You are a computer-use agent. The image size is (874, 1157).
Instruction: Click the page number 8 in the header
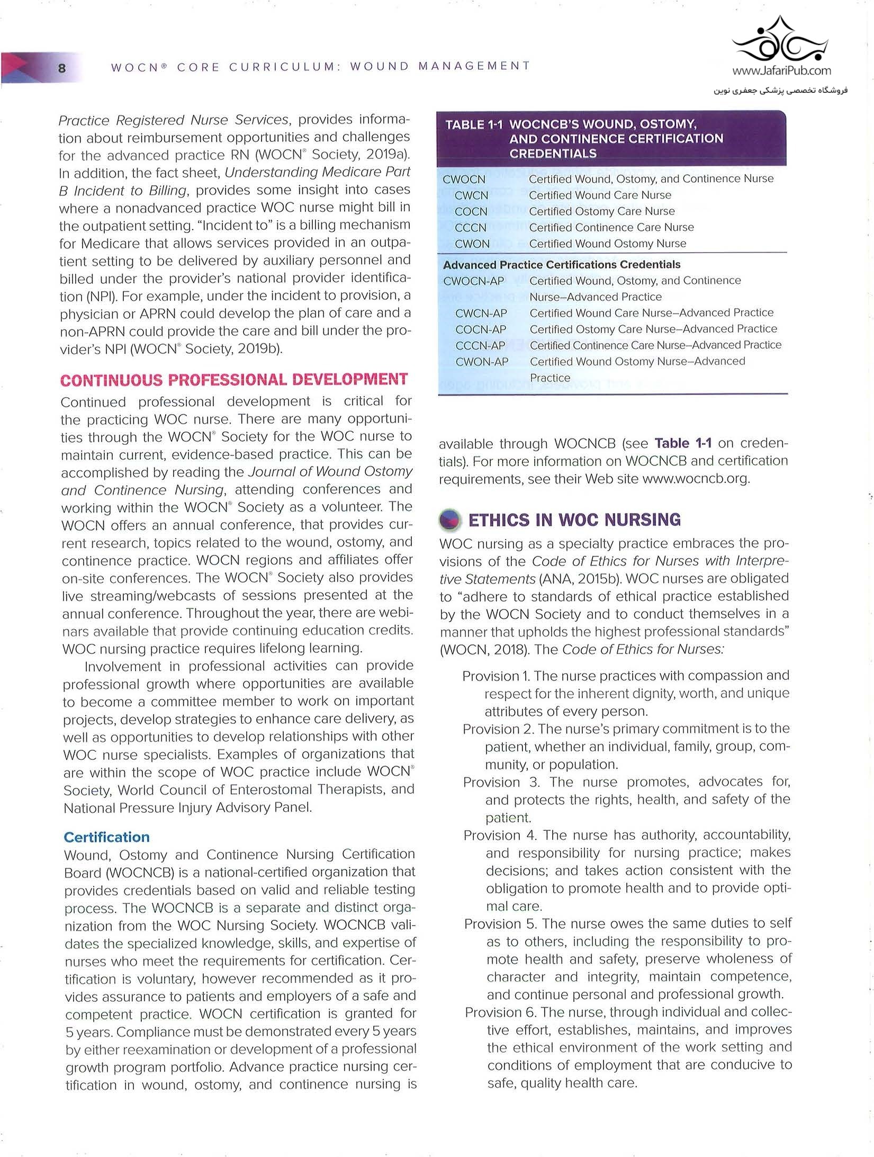click(62, 68)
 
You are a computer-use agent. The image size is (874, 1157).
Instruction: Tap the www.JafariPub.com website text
click(781, 70)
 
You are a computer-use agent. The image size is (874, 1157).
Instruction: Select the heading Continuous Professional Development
click(234, 380)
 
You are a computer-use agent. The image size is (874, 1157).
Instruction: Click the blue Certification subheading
click(106, 837)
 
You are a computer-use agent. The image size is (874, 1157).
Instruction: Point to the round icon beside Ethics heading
click(450, 519)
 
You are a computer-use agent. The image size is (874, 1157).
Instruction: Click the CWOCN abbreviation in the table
click(464, 180)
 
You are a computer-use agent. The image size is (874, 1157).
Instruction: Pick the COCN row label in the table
click(471, 212)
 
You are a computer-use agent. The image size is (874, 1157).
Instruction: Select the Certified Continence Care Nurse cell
click(611, 228)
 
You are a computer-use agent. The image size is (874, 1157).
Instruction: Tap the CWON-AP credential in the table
click(482, 362)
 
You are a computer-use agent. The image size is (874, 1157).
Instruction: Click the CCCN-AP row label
click(480, 346)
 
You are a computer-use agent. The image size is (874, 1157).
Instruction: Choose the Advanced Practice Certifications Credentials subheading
click(562, 264)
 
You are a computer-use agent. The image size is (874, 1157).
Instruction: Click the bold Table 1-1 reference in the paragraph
click(683, 443)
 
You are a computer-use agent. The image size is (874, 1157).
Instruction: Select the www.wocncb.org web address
click(696, 479)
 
